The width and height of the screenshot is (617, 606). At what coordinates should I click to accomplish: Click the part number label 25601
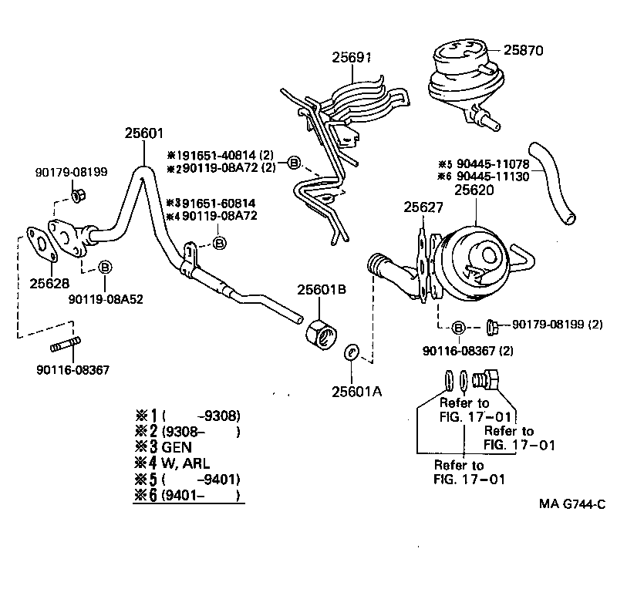pyautogui.click(x=144, y=133)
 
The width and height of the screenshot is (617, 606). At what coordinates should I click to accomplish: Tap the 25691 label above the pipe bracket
pyautogui.click(x=352, y=57)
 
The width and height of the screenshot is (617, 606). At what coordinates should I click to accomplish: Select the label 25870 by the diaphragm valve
pyautogui.click(x=524, y=50)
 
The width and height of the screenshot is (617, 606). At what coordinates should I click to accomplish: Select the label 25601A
pyautogui.click(x=356, y=391)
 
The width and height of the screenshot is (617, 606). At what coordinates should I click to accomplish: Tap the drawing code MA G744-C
pyautogui.click(x=571, y=506)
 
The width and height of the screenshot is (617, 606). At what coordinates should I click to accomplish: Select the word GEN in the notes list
pyautogui.click(x=177, y=447)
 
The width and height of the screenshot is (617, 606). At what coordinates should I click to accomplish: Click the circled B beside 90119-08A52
pyautogui.click(x=105, y=268)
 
